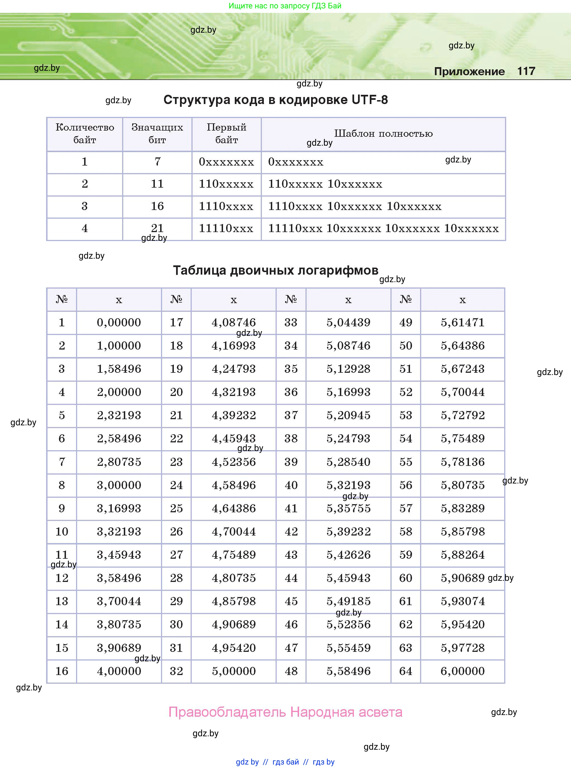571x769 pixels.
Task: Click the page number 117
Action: tap(526, 71)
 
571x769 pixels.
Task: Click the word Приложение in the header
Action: tap(469, 72)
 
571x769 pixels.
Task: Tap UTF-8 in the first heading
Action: tap(369, 100)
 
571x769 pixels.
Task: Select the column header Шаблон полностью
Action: tap(383, 133)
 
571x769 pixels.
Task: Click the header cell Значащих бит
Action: tap(157, 133)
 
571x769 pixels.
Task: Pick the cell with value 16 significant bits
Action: tap(157, 206)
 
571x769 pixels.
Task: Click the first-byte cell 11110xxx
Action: tap(226, 228)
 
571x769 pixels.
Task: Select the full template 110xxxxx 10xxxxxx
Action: tap(325, 184)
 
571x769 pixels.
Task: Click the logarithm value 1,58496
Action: tap(119, 369)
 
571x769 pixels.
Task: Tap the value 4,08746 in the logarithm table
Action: tap(234, 322)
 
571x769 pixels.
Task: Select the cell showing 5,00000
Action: tap(234, 671)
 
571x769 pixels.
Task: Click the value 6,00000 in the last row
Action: tap(463, 671)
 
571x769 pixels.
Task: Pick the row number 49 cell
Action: tap(406, 322)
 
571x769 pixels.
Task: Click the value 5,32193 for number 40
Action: tap(349, 485)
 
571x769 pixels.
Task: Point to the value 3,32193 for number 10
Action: tap(119, 532)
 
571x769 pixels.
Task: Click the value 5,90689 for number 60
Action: tap(463, 578)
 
